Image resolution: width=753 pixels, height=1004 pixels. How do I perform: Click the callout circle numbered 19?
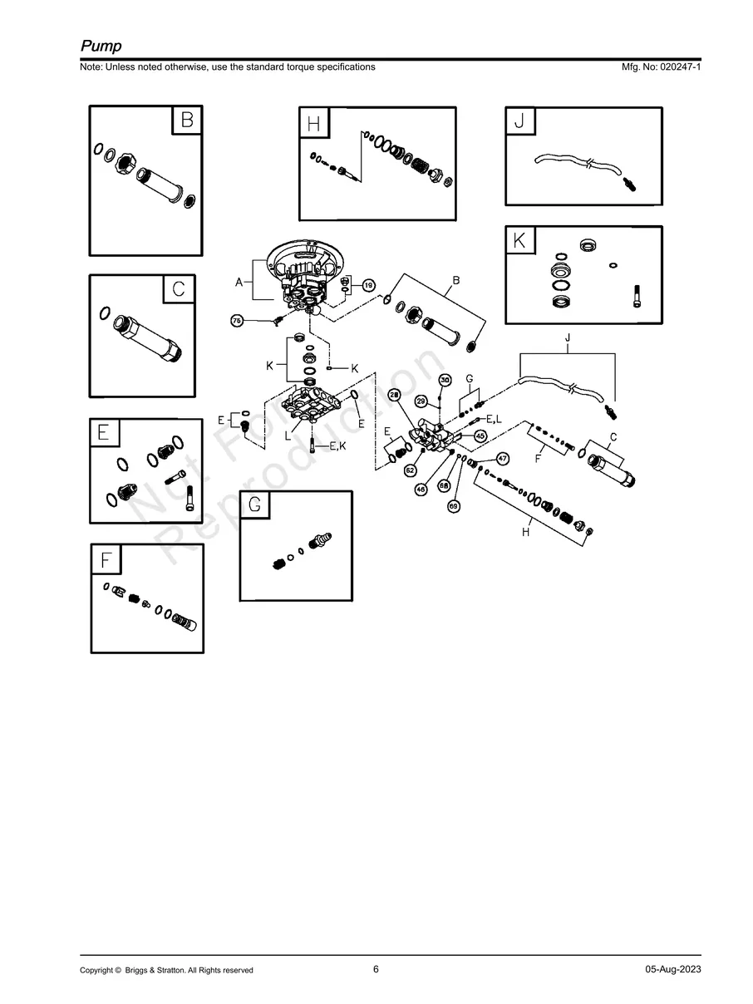367,285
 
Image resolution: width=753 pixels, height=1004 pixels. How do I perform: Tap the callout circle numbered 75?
237,321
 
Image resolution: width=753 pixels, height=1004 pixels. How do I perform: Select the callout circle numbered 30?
445,381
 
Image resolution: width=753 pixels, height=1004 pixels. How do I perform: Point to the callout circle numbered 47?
503,459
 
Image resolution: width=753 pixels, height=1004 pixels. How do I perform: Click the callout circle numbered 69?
454,505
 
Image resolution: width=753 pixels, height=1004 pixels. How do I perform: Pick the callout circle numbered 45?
480,436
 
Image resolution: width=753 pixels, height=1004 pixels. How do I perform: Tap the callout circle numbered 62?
411,470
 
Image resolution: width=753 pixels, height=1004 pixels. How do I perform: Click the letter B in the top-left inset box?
187,121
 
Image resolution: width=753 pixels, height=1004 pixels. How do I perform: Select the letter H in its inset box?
313,125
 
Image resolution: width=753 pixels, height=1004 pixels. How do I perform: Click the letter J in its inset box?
520,122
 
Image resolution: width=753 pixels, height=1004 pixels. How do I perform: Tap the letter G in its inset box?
255,504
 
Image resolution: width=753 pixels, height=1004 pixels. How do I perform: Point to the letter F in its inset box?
106,559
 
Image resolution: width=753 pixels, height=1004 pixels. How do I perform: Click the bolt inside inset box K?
637,295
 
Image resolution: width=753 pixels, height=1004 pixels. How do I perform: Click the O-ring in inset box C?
105,313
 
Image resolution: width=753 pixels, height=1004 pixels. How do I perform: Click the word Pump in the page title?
101,46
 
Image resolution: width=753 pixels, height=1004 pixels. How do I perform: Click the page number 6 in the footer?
376,969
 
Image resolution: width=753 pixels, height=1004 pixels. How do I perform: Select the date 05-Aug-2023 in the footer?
673,970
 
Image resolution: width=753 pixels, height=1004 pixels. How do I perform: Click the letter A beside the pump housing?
239,283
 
